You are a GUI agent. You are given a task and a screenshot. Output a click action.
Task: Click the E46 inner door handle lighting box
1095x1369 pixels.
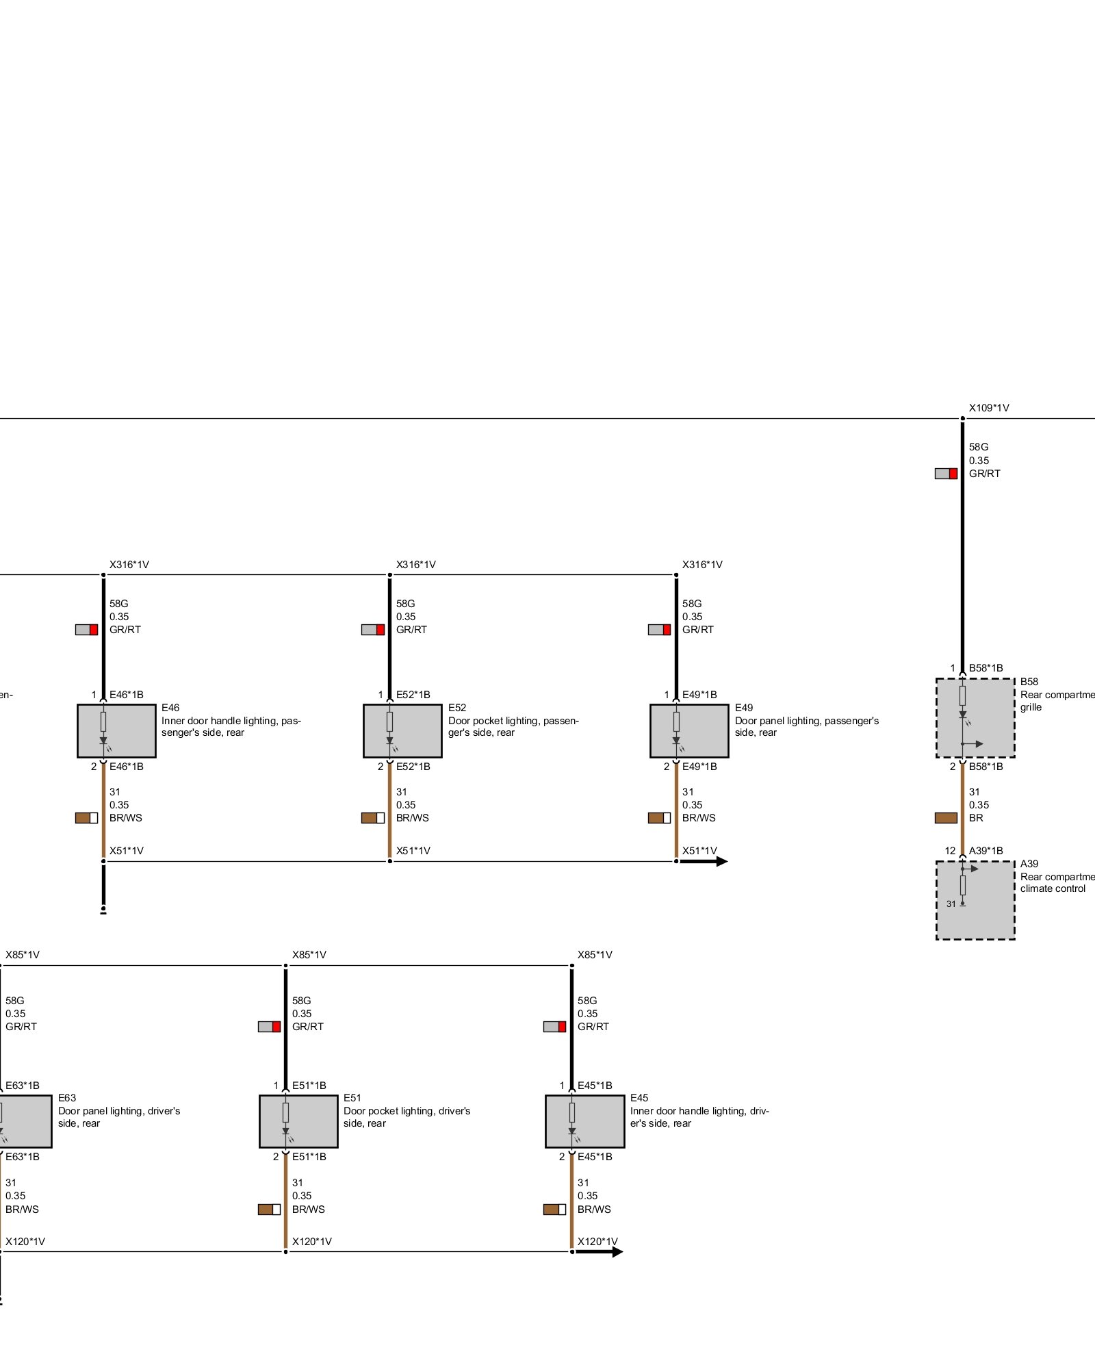coord(116,731)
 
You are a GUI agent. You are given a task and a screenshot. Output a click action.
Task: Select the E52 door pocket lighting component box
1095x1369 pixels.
coord(402,731)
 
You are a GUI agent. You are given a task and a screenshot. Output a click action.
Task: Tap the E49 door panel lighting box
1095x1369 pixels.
coord(689,731)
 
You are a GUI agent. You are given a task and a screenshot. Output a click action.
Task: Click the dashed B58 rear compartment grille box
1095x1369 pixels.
coord(975,718)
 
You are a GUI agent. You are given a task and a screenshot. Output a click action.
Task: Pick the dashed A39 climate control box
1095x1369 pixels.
coord(975,900)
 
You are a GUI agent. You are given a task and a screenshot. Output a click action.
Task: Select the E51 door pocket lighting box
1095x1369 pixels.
coord(298,1121)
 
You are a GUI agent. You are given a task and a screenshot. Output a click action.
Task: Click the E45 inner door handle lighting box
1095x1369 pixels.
coord(584,1121)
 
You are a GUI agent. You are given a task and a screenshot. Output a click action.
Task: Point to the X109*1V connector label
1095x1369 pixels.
coord(988,408)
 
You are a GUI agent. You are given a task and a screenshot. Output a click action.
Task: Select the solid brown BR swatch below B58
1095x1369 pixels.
coord(946,818)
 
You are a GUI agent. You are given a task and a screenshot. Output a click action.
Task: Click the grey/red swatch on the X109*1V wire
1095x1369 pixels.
coord(946,474)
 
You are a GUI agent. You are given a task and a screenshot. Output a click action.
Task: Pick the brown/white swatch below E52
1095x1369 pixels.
coord(373,818)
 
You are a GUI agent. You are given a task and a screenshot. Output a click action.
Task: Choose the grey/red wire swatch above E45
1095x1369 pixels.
coord(554,1027)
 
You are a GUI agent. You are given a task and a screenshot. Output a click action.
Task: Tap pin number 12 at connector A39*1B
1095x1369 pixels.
coord(950,851)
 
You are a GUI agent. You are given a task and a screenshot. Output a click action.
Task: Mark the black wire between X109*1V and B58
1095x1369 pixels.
coord(962,548)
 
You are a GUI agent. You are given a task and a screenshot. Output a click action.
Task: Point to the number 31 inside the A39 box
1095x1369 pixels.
coord(951,904)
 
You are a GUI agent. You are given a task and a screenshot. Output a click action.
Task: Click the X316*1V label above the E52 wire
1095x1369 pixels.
coord(415,565)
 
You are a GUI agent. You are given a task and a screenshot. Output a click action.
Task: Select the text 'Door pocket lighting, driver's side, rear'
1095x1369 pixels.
coord(407,1117)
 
